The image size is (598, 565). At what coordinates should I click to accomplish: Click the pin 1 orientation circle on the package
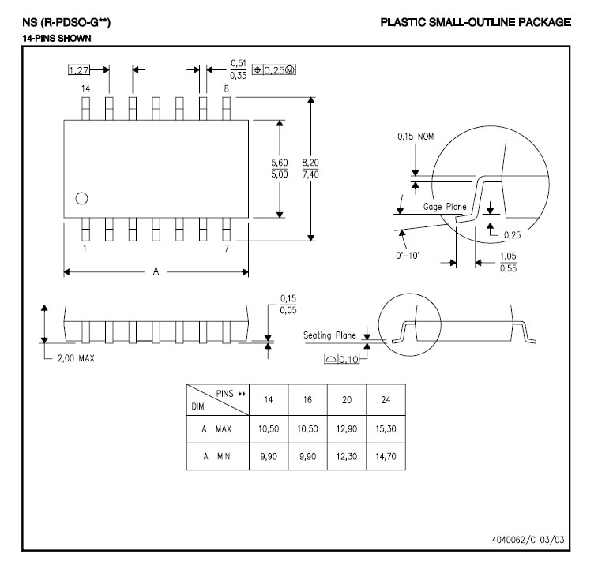(81, 198)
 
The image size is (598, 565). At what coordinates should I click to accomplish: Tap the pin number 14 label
(86, 89)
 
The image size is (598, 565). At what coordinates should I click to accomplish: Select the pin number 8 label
(227, 89)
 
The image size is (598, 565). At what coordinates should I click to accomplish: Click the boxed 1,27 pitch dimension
(79, 70)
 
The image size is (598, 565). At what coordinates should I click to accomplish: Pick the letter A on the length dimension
(156, 271)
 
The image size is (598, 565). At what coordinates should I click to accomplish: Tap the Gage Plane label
(445, 207)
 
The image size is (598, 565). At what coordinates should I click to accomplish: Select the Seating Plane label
(331, 335)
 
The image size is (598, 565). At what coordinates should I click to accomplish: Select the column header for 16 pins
(307, 399)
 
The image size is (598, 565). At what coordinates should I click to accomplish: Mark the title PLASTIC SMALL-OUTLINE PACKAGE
(475, 22)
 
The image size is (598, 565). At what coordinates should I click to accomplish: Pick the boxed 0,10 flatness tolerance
(342, 360)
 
